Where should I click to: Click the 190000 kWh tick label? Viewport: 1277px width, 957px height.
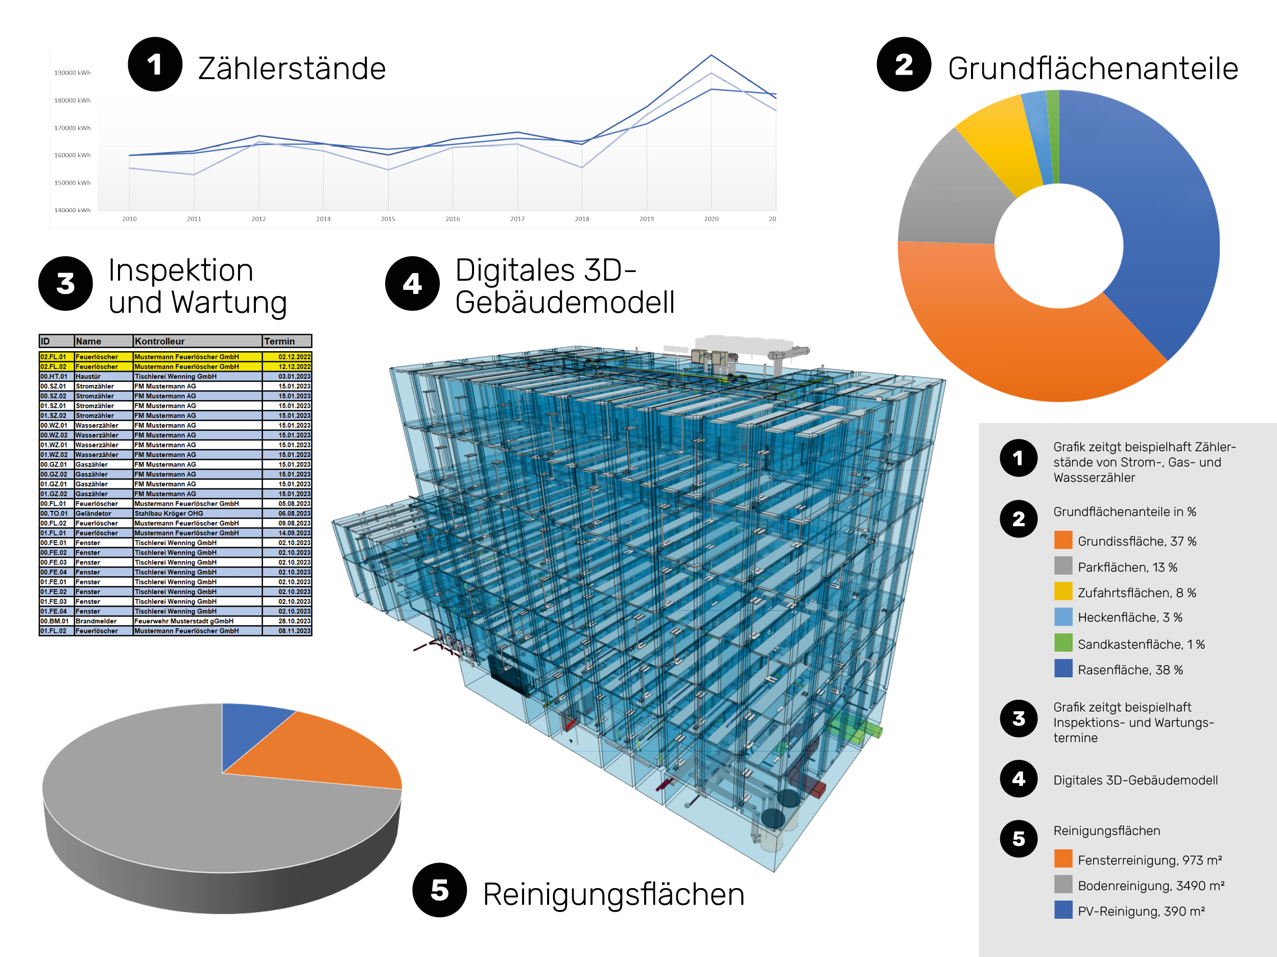[x=72, y=72]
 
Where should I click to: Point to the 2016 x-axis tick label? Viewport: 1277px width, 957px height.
[x=453, y=218]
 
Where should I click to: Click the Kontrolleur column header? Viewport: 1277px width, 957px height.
[x=160, y=341]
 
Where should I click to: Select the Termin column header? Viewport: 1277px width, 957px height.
[x=279, y=341]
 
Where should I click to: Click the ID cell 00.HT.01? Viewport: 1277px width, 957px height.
[x=54, y=377]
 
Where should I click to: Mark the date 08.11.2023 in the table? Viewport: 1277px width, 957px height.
[x=294, y=631]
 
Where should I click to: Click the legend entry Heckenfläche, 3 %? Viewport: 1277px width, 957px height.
[x=1118, y=617]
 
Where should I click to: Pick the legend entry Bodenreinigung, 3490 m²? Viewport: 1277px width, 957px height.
[x=1140, y=886]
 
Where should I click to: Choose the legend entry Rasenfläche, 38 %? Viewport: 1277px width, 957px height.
[x=1119, y=670]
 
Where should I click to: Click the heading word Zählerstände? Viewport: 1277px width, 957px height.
[x=292, y=68]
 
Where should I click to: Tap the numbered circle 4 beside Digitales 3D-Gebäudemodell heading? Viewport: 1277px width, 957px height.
[x=412, y=284]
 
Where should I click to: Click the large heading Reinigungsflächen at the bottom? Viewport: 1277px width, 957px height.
[x=613, y=895]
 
